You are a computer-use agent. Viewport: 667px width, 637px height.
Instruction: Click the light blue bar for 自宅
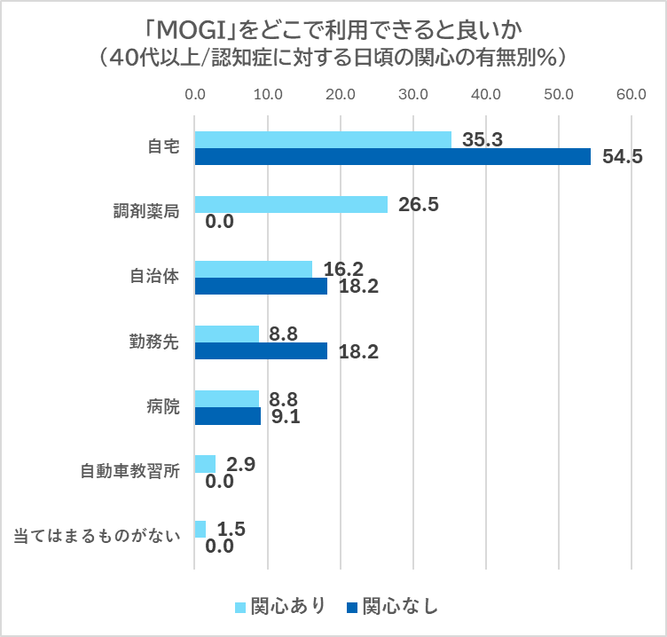323,139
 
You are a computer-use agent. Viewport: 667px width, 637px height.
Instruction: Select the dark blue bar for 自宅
392,156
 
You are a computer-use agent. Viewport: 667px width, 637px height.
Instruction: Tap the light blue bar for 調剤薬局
291,204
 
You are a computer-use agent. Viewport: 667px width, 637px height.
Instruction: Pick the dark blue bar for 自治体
261,286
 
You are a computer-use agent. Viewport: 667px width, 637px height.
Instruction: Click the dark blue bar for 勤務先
261,350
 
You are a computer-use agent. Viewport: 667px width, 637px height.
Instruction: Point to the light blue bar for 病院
226,398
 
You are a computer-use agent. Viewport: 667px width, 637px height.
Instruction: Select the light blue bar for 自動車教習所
205,463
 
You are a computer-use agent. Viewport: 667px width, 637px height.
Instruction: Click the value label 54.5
622,158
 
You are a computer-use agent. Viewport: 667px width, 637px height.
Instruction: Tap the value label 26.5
418,205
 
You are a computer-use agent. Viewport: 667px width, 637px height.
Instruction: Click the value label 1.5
231,529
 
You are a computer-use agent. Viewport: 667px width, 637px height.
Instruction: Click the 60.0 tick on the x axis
632,94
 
